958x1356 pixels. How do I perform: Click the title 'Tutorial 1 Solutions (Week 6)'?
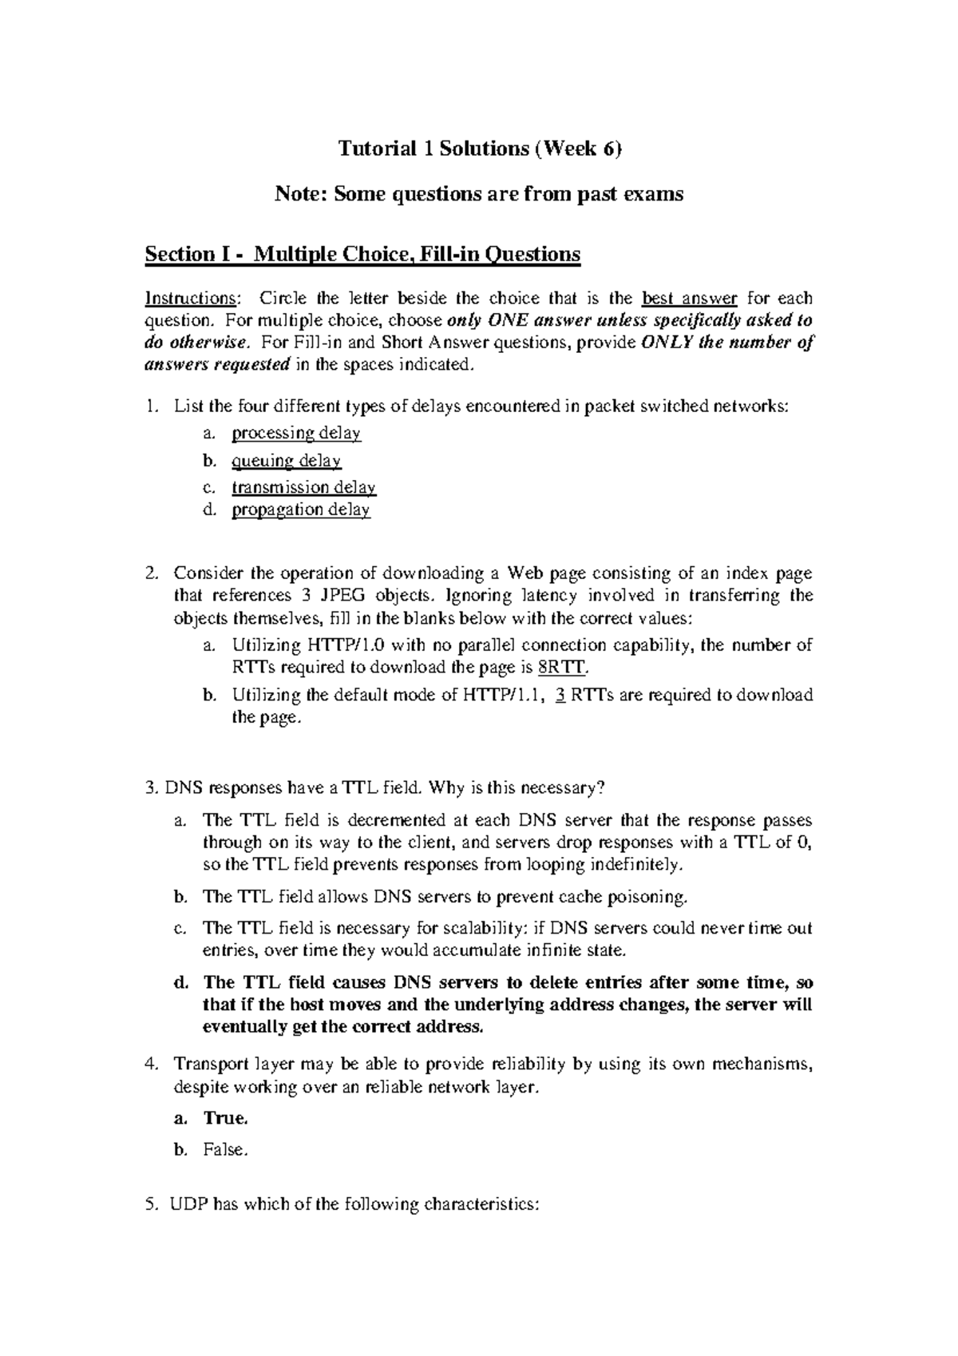(479, 149)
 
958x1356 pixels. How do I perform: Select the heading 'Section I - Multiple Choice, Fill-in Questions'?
(362, 254)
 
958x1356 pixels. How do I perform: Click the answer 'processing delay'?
(296, 434)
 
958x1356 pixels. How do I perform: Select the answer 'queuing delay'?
(287, 461)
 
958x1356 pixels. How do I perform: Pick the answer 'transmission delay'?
(303, 487)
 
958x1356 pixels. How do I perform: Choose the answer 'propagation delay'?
(301, 509)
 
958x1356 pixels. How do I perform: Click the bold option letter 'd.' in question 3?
(181, 982)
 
